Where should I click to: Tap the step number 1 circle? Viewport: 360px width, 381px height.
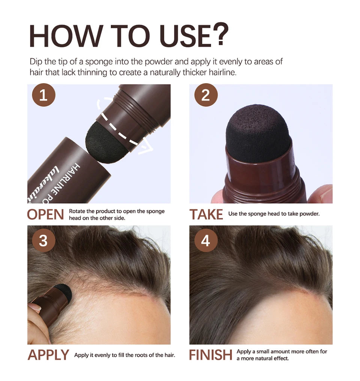pyautogui.click(x=43, y=95)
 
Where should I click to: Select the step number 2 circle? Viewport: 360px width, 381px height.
pyautogui.click(x=205, y=95)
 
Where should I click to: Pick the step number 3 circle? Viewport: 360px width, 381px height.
pyautogui.click(x=43, y=240)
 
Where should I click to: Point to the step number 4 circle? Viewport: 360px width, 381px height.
pyautogui.click(x=205, y=240)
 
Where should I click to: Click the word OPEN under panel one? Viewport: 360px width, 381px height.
pyautogui.click(x=45, y=214)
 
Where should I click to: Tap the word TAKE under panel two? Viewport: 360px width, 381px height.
pyautogui.click(x=206, y=214)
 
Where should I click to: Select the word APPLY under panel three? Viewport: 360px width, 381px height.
pyautogui.click(x=48, y=355)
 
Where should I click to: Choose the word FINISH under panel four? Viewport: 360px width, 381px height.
pyautogui.click(x=210, y=355)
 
